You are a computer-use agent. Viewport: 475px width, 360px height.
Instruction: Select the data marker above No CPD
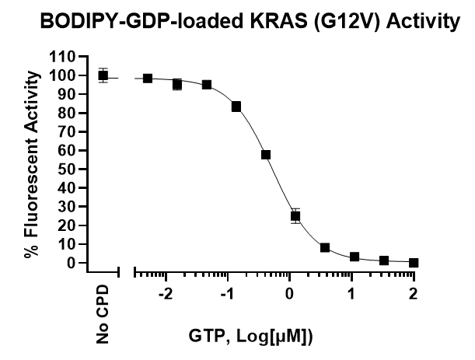103,75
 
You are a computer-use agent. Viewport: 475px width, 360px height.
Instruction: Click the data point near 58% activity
266,155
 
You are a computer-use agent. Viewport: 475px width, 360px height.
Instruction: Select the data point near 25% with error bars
295,216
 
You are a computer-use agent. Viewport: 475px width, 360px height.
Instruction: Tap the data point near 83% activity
236,107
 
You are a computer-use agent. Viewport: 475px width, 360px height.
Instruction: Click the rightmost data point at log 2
414,263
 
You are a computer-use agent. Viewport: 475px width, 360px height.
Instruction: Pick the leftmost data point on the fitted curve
148,79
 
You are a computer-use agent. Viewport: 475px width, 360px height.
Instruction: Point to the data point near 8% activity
325,247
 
